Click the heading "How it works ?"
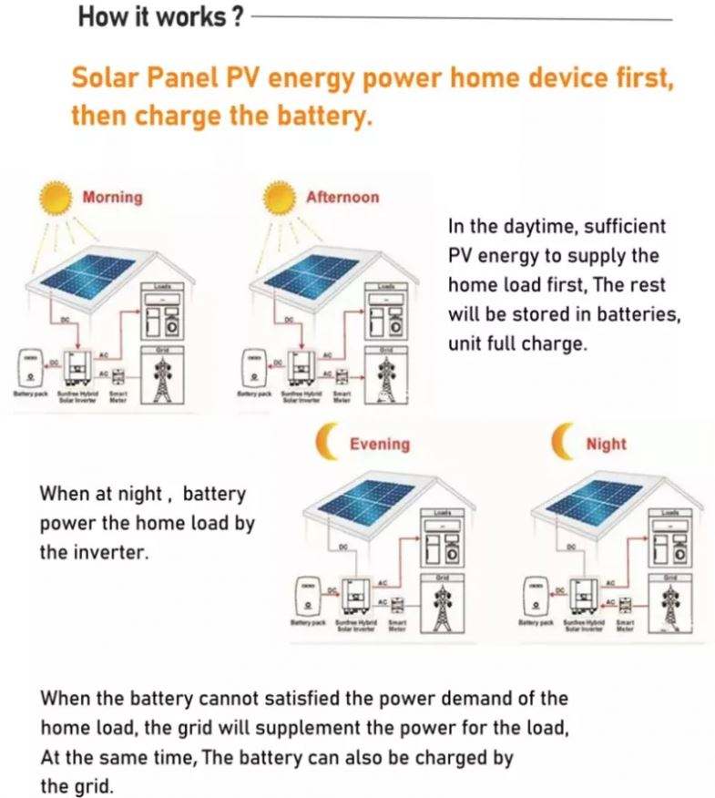[160, 17]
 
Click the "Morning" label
[112, 198]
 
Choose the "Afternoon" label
[342, 198]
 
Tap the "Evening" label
[380, 444]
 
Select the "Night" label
[606, 444]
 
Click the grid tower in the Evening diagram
[444, 605]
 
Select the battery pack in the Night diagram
[536, 598]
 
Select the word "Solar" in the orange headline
[102, 78]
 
